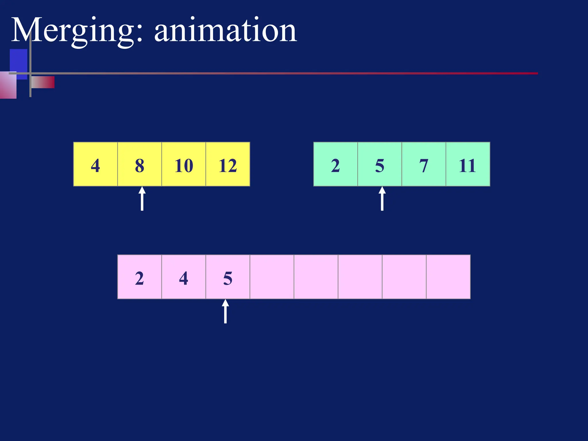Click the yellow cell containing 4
[x=95, y=164]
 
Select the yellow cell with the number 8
[x=140, y=164]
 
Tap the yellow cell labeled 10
[x=184, y=164]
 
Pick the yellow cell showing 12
[x=228, y=164]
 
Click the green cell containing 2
[x=335, y=164]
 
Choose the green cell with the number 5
[x=380, y=164]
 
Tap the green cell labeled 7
[x=424, y=164]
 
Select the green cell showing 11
[x=468, y=164]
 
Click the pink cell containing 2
[x=140, y=277]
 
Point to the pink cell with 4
[x=184, y=277]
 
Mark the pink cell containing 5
[x=228, y=277]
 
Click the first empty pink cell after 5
[x=272, y=277]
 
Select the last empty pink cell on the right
[x=448, y=277]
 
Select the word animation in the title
[x=225, y=30]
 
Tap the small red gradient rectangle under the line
[x=43, y=82]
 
